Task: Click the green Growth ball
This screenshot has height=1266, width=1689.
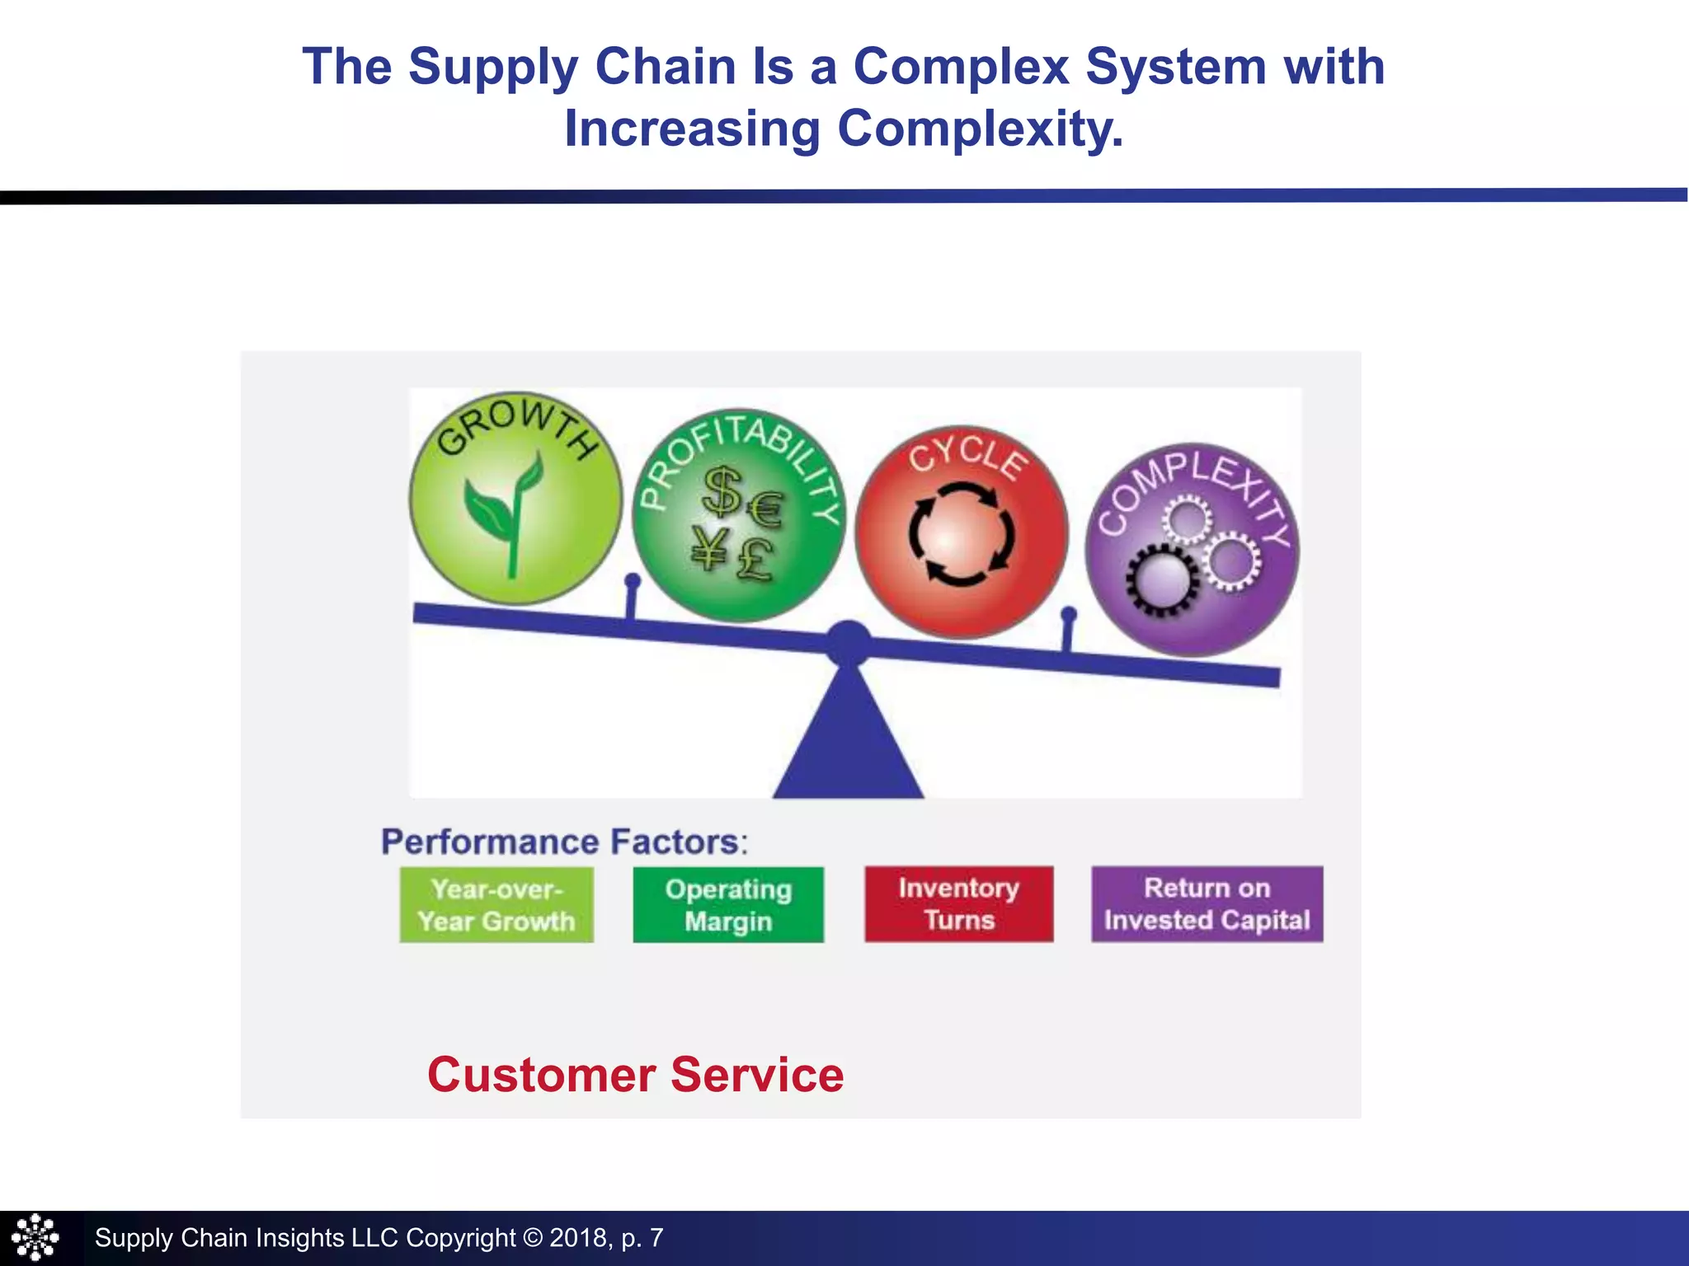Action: coord(516,499)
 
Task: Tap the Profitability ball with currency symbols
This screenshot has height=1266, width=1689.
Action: coord(739,515)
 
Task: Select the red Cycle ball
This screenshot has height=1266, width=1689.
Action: coord(962,532)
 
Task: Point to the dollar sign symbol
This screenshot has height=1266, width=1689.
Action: coord(722,490)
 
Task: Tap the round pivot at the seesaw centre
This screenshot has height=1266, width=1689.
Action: coord(849,642)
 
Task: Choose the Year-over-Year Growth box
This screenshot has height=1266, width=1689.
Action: coord(496,905)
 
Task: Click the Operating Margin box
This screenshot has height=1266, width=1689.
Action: coord(728,905)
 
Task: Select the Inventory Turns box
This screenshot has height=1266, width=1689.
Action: coord(959,904)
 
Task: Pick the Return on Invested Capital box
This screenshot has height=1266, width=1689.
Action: coord(1207,904)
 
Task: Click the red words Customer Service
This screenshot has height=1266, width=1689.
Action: coord(636,1076)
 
